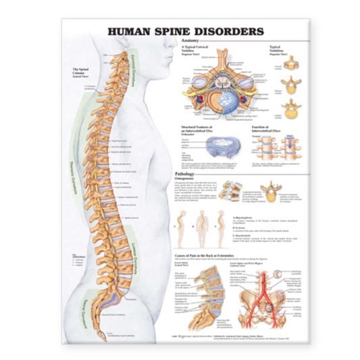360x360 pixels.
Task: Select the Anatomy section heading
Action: [x=192, y=41]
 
